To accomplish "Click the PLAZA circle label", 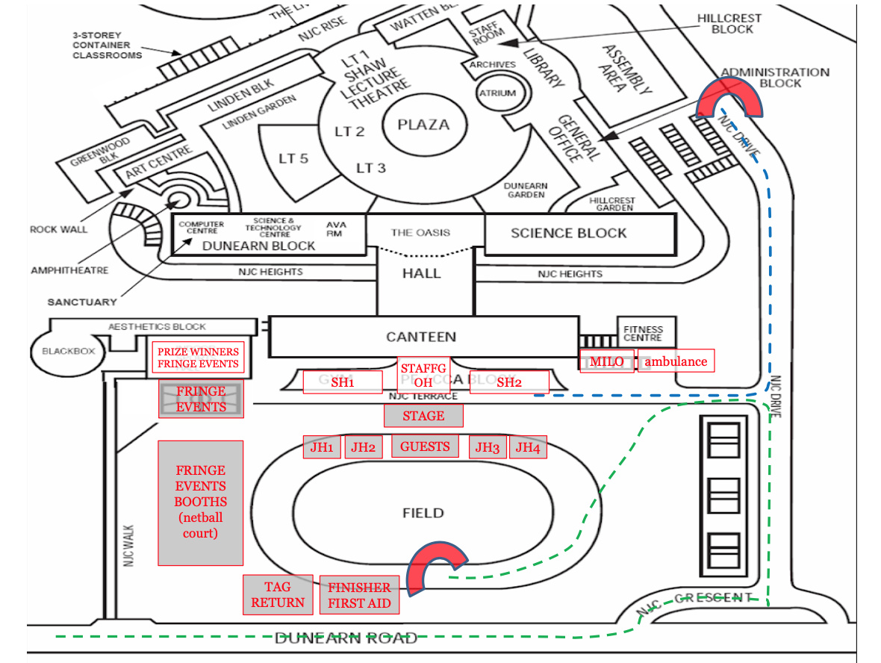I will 423,125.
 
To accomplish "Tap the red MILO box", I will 606,361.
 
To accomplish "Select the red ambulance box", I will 676,361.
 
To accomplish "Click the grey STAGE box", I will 423,416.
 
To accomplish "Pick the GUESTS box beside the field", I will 425,446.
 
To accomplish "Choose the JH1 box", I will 322,447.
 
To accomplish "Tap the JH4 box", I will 528,447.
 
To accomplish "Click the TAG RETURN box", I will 278,595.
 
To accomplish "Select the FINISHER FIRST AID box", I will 359,595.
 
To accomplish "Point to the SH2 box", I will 509,382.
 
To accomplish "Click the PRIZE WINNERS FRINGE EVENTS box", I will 198,358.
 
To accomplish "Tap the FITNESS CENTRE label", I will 643,333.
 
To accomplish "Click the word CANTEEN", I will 421,337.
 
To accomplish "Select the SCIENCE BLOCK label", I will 569,233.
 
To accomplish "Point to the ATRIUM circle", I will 497,93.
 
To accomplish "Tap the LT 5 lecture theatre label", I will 293,158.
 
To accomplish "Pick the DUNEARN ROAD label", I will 346,638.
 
